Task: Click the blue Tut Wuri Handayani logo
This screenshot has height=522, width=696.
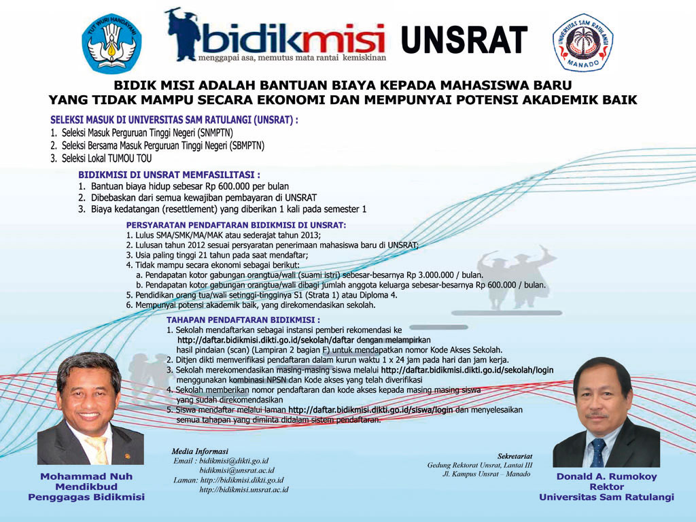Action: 111,43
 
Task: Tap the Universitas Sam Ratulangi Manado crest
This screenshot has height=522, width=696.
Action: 582,42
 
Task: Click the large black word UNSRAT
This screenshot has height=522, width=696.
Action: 464,39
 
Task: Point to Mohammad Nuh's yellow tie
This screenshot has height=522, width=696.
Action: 99,449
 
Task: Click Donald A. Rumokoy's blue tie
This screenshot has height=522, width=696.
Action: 598,452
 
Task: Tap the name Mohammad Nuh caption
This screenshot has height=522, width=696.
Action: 86,476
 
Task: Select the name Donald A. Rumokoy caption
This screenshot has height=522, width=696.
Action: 606,476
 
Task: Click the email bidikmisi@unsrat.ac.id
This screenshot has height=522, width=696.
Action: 237,470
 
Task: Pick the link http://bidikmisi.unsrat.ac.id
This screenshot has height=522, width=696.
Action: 244,489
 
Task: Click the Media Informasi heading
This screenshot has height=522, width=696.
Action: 200,451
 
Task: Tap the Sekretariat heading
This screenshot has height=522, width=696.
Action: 515,456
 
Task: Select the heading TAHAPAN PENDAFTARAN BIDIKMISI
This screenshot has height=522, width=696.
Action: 243,319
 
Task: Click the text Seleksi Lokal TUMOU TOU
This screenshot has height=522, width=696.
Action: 107,158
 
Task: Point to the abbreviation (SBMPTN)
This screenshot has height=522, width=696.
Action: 247,145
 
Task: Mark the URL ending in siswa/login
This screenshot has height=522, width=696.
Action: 370,410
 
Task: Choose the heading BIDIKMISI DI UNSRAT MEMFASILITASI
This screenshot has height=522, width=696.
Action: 169,175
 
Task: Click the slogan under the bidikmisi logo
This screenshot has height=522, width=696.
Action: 292,58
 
